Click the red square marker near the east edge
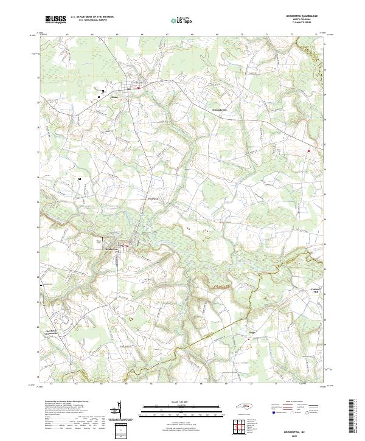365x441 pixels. [x=308, y=151]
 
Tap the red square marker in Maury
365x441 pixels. [x=139, y=88]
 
